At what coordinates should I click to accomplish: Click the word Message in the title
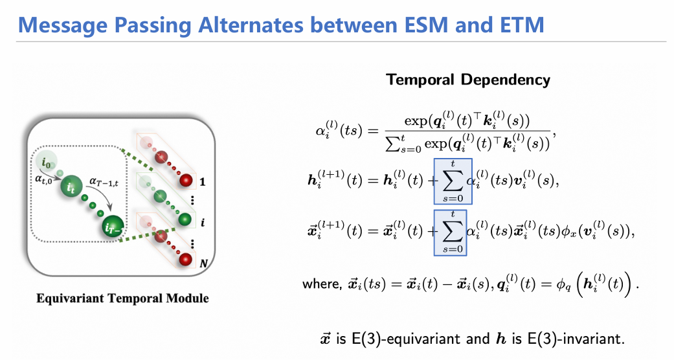tap(62, 25)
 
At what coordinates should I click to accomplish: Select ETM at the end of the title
tap(522, 25)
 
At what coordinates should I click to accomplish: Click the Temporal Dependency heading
tap(467, 80)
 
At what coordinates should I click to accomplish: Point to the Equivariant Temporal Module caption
tap(122, 298)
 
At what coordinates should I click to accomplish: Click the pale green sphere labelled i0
tap(47, 162)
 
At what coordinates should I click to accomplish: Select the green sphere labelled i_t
tap(71, 186)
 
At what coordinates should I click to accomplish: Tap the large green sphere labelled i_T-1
tap(113, 226)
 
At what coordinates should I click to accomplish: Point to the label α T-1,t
tap(104, 182)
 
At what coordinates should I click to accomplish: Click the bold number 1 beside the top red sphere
tap(203, 182)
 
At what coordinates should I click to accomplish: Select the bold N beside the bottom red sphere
tap(204, 263)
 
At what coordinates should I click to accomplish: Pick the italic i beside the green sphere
tap(203, 222)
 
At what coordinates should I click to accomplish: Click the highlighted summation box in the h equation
tap(453, 181)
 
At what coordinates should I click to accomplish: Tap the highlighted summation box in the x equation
tap(450, 232)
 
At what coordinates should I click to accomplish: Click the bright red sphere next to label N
tap(186, 260)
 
